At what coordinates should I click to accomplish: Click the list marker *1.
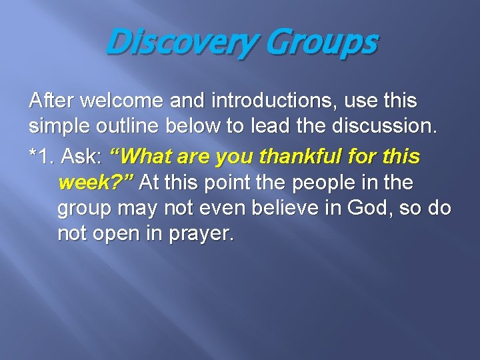point(41,157)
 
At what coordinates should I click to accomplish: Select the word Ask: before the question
point(81,157)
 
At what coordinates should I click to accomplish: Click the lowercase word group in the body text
point(84,209)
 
